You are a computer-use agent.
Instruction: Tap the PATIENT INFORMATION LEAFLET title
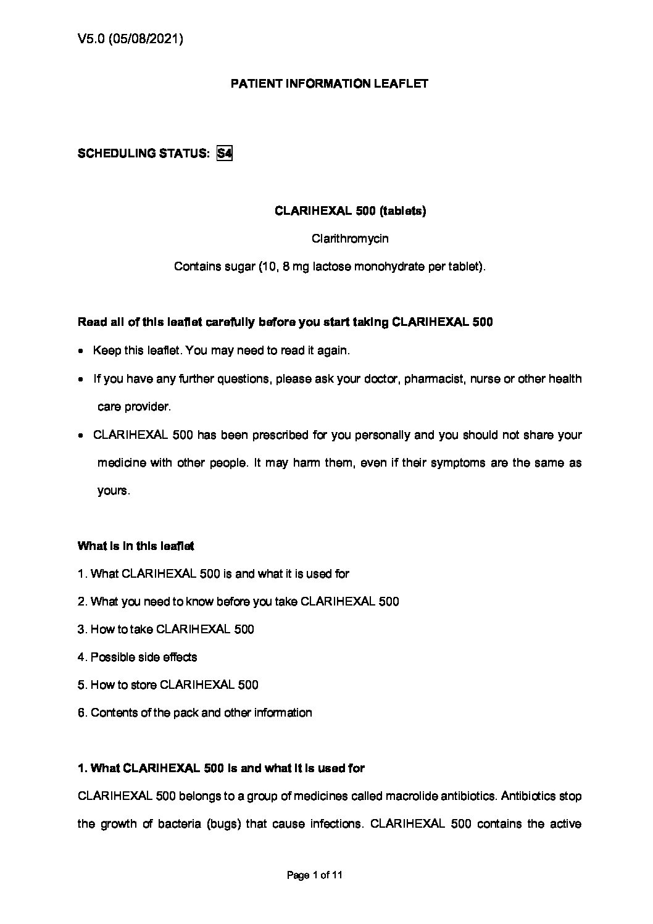tap(329, 83)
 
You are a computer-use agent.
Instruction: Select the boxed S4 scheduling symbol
tap(225, 153)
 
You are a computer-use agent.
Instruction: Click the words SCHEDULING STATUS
tap(143, 153)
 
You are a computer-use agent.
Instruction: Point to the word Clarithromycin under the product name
tap(350, 238)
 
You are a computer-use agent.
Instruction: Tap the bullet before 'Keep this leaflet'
tap(81, 351)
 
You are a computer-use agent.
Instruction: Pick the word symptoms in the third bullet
tap(454, 462)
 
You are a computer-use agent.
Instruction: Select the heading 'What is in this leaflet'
tap(136, 546)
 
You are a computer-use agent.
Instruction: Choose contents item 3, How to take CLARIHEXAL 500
tap(165, 629)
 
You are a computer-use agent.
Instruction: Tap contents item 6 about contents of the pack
tap(194, 712)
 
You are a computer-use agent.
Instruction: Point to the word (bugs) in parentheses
tap(223, 823)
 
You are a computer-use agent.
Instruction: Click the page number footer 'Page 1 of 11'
tap(315, 875)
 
